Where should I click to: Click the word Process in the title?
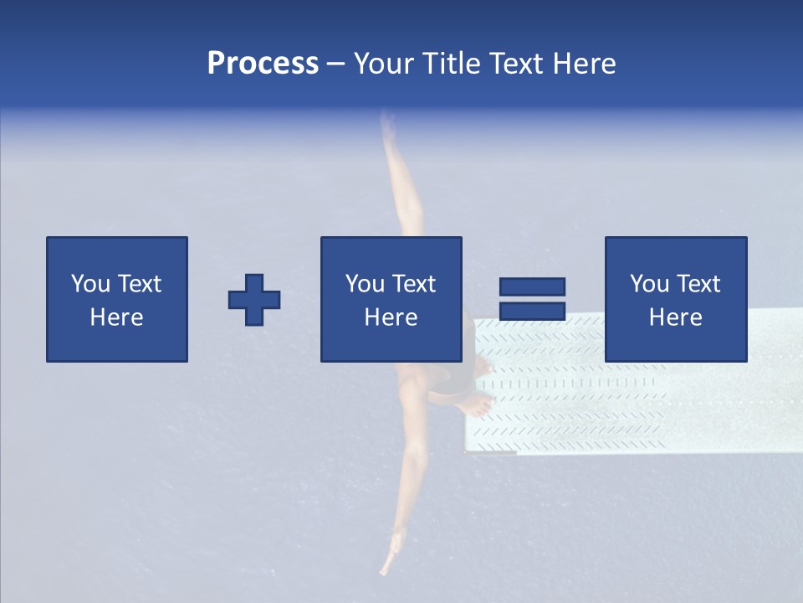(x=263, y=64)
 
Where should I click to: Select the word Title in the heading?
(x=451, y=64)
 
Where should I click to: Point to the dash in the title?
(x=335, y=64)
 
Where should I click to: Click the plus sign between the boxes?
(x=254, y=299)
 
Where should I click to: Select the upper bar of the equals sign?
(x=532, y=286)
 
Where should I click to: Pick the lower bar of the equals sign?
(x=532, y=312)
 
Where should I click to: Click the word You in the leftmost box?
(x=90, y=284)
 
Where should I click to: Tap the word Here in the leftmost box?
(x=116, y=317)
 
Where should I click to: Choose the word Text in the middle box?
(x=413, y=284)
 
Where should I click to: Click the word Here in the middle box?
(x=391, y=317)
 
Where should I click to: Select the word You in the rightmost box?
(x=649, y=284)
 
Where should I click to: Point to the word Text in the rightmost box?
(x=698, y=284)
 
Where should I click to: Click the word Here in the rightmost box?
(x=675, y=317)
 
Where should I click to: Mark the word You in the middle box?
(x=365, y=284)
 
